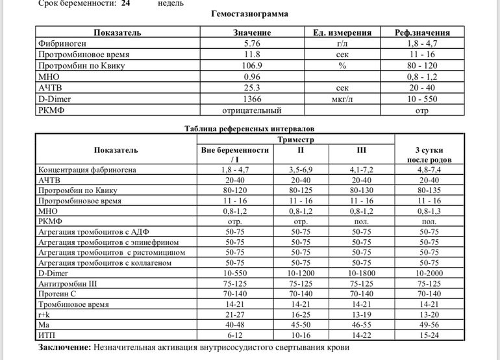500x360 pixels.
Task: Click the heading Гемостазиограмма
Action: (250, 14)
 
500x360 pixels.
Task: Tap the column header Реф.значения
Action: (422, 32)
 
